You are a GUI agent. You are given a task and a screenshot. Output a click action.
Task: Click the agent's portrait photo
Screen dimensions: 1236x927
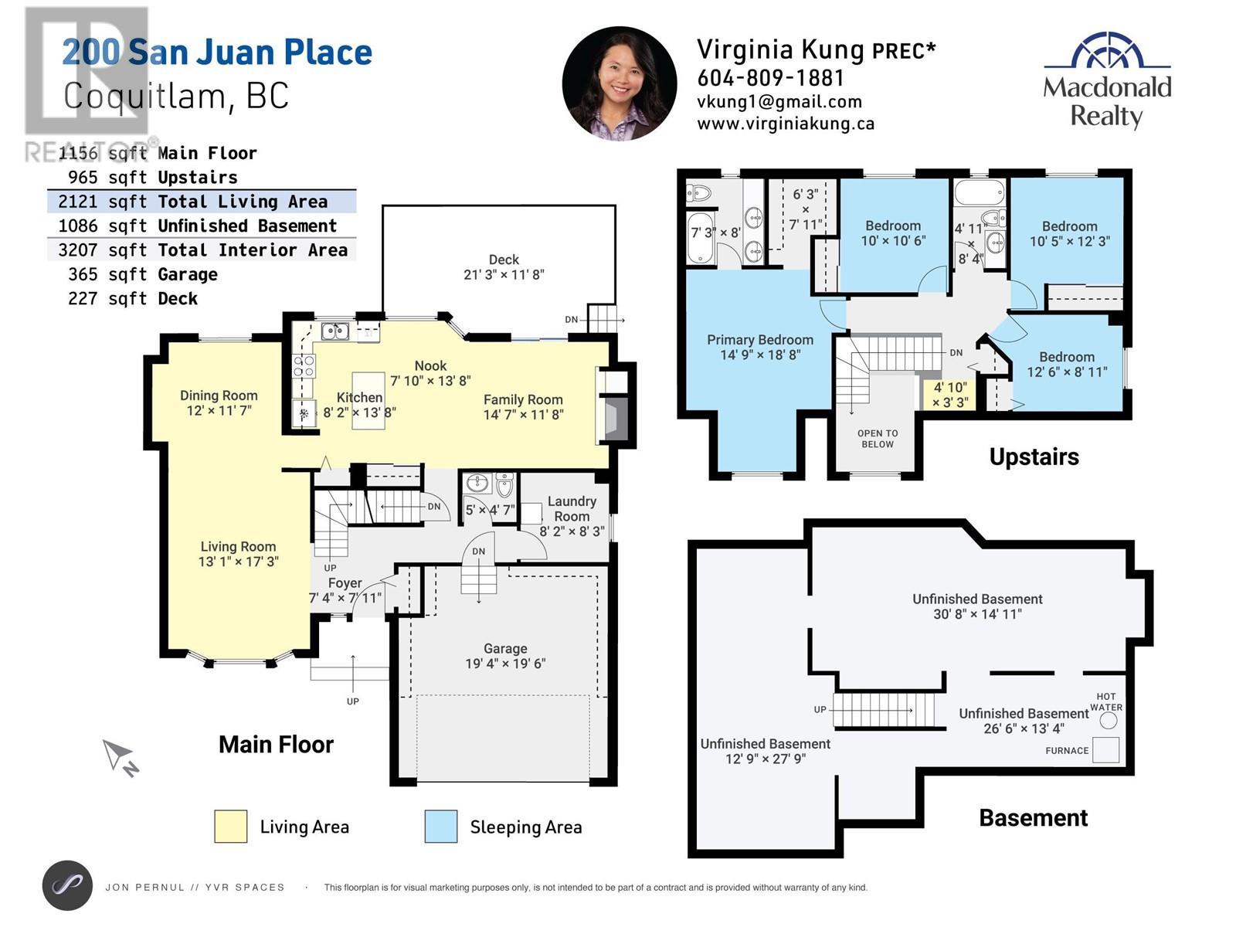pyautogui.click(x=620, y=83)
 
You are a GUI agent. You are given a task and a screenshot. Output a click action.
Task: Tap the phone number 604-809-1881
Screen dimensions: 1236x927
pyautogui.click(x=770, y=78)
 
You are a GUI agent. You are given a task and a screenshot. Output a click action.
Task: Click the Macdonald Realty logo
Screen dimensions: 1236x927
pyautogui.click(x=1107, y=80)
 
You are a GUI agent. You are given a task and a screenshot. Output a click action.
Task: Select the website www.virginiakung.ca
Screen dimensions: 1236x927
pyautogui.click(x=786, y=124)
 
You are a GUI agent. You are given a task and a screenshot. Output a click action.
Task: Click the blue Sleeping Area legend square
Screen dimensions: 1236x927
pyautogui.click(x=441, y=827)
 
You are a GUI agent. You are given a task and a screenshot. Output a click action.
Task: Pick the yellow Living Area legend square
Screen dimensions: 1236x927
pyautogui.click(x=230, y=827)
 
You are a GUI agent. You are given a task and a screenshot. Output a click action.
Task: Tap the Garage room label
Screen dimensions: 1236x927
pyautogui.click(x=505, y=648)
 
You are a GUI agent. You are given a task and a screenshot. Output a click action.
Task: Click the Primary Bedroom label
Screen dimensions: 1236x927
pyautogui.click(x=760, y=340)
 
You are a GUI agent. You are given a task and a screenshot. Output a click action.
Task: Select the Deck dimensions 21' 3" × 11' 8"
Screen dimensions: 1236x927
pyautogui.click(x=504, y=275)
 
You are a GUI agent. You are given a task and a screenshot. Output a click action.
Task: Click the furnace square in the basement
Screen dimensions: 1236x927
pyautogui.click(x=1105, y=750)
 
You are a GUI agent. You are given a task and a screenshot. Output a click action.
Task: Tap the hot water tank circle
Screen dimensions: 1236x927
pyautogui.click(x=1109, y=721)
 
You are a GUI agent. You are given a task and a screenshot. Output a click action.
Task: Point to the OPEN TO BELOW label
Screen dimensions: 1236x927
pyautogui.click(x=878, y=439)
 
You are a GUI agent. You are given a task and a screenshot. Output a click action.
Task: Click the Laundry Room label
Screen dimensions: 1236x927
pyautogui.click(x=572, y=509)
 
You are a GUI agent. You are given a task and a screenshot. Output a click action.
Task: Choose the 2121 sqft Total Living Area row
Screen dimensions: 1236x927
pyautogui.click(x=202, y=202)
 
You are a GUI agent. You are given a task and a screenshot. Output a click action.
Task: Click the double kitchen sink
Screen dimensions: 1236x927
pyautogui.click(x=335, y=331)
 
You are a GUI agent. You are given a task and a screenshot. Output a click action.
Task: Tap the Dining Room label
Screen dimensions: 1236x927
pyautogui.click(x=219, y=396)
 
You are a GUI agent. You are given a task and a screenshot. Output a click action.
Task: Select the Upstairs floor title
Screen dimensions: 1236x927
pyautogui.click(x=1034, y=457)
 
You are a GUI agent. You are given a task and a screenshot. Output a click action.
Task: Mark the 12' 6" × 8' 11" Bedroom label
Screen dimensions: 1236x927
pyautogui.click(x=1067, y=364)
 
